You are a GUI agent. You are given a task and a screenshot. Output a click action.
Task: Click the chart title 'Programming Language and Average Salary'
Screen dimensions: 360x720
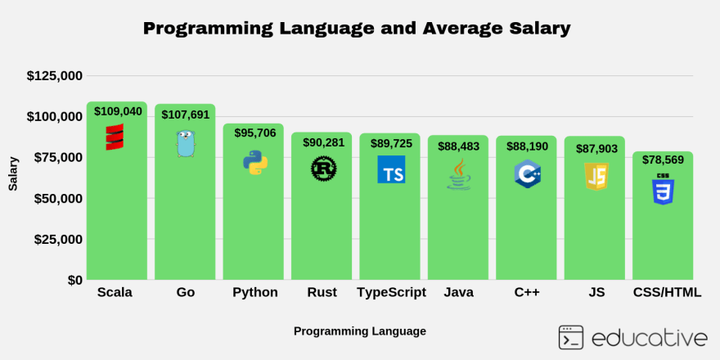356,28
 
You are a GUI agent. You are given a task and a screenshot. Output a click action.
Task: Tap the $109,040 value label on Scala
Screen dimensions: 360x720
118,111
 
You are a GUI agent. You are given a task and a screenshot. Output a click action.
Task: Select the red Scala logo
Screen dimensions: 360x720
115,137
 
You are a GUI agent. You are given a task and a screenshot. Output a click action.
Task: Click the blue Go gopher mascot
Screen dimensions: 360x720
186,144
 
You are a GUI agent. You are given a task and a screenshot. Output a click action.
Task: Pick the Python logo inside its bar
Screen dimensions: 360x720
255,162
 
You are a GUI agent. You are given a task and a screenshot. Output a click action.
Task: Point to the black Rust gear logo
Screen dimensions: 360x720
323,169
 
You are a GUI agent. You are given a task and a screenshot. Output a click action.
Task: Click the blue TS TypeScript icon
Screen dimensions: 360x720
391,169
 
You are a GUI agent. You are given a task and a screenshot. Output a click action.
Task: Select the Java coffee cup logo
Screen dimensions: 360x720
459,174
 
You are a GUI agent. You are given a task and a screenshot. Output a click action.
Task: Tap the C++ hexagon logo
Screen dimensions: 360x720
527,173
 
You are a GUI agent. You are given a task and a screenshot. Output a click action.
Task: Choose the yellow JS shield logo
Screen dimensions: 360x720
596,176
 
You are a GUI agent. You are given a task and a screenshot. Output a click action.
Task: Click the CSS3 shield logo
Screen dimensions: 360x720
663,189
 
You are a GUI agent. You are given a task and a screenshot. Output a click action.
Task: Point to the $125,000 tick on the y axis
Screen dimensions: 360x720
54,76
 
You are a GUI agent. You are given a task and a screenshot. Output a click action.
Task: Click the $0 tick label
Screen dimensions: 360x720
74,281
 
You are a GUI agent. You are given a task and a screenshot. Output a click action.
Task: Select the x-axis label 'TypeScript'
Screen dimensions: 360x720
391,293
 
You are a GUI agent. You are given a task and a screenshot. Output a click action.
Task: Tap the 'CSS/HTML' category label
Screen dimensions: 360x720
667,293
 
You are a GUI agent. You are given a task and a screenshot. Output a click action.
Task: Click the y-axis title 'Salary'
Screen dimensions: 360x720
13,174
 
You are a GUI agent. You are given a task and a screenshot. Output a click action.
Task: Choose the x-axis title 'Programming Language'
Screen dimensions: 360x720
359,331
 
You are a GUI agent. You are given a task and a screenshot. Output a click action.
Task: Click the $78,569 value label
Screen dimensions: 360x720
663,160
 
